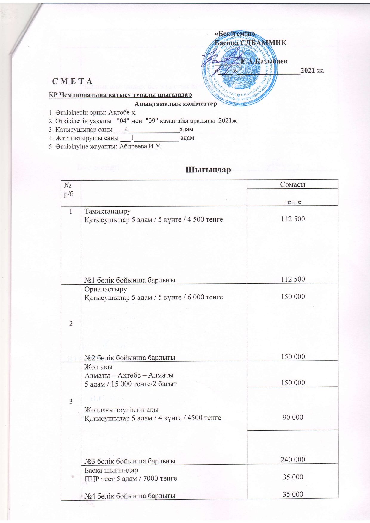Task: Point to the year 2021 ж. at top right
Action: pyautogui.click(x=312, y=71)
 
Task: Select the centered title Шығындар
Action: pyautogui.click(x=209, y=170)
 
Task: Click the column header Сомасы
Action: pyautogui.click(x=293, y=184)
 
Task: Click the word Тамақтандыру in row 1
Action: pyautogui.click(x=108, y=212)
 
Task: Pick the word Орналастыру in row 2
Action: pyautogui.click(x=106, y=289)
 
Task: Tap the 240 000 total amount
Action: pyautogui.click(x=293, y=460)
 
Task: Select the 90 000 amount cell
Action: pyautogui.click(x=293, y=417)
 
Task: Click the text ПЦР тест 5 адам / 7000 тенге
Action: pyautogui.click(x=131, y=478)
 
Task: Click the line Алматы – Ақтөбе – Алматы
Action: pyautogui.click(x=129, y=375)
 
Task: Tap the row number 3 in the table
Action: pyautogui.click(x=71, y=401)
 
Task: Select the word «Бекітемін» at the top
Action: pyautogui.click(x=235, y=34)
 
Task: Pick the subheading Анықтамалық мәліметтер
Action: pyautogui.click(x=175, y=104)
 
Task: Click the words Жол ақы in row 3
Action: pyautogui.click(x=98, y=367)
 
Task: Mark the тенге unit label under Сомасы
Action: pyautogui.click(x=293, y=201)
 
